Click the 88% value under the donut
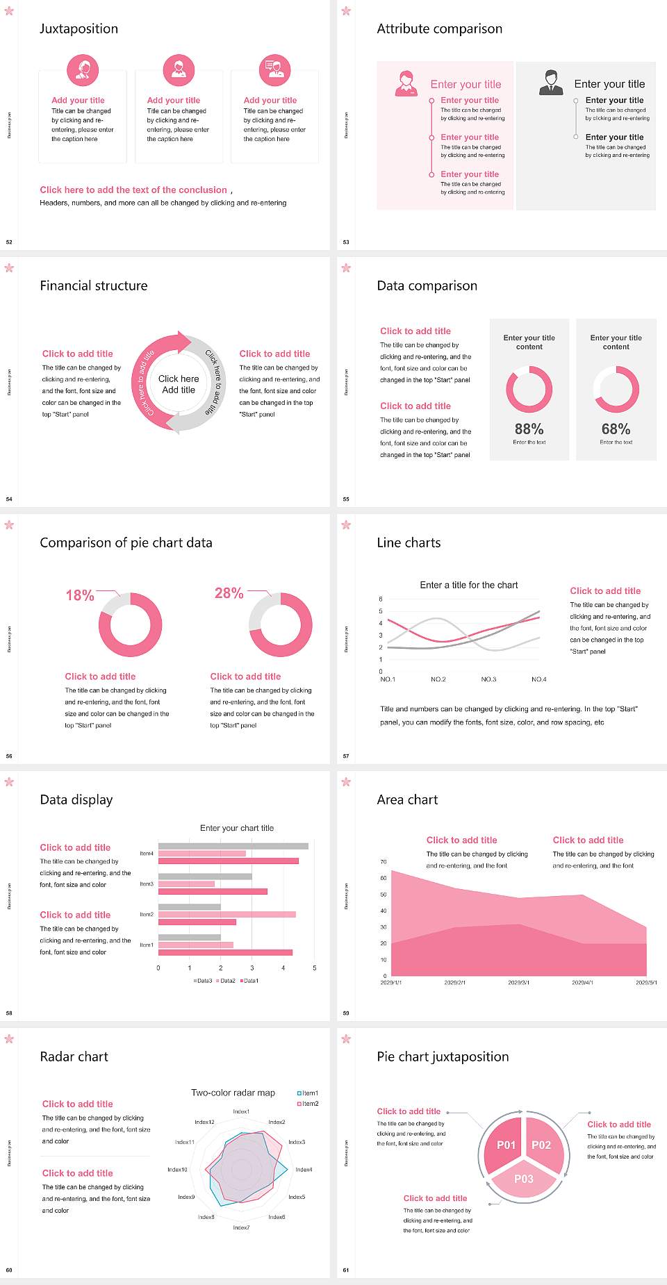pos(529,429)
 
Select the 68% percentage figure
pos(616,429)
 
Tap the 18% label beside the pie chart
pos(80,595)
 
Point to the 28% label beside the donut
pos(229,593)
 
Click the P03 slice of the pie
pos(524,1179)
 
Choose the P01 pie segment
pos(506,1145)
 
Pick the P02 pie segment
pos(541,1145)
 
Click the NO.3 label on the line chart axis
pos(488,679)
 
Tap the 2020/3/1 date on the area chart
pos(518,983)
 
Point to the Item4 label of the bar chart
pos(147,854)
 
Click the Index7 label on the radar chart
pos(241,1227)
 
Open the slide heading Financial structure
pos(94,285)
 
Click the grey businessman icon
pos(551,83)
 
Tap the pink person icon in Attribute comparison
pos(406,83)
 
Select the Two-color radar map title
pos(233,1093)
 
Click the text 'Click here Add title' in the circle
pos(179,384)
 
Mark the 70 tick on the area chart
pos(384,862)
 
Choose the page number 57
pos(346,756)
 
